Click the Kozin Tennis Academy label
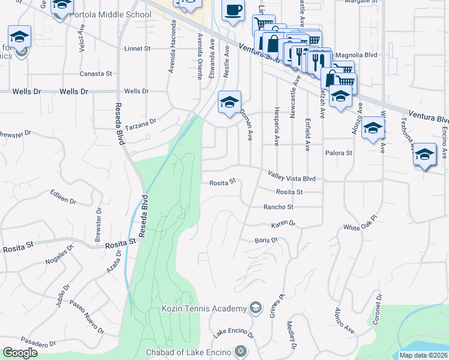tap(204, 308)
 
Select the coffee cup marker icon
tap(233, 11)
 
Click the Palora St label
tap(339, 153)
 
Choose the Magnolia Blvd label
tap(356, 55)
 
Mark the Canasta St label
tap(97, 74)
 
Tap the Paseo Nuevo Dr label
tap(86, 317)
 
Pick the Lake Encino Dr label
tap(233, 331)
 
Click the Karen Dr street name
tap(283, 224)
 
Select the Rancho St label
tap(279, 207)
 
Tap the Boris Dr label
tap(266, 241)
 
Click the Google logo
tap(20, 353)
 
